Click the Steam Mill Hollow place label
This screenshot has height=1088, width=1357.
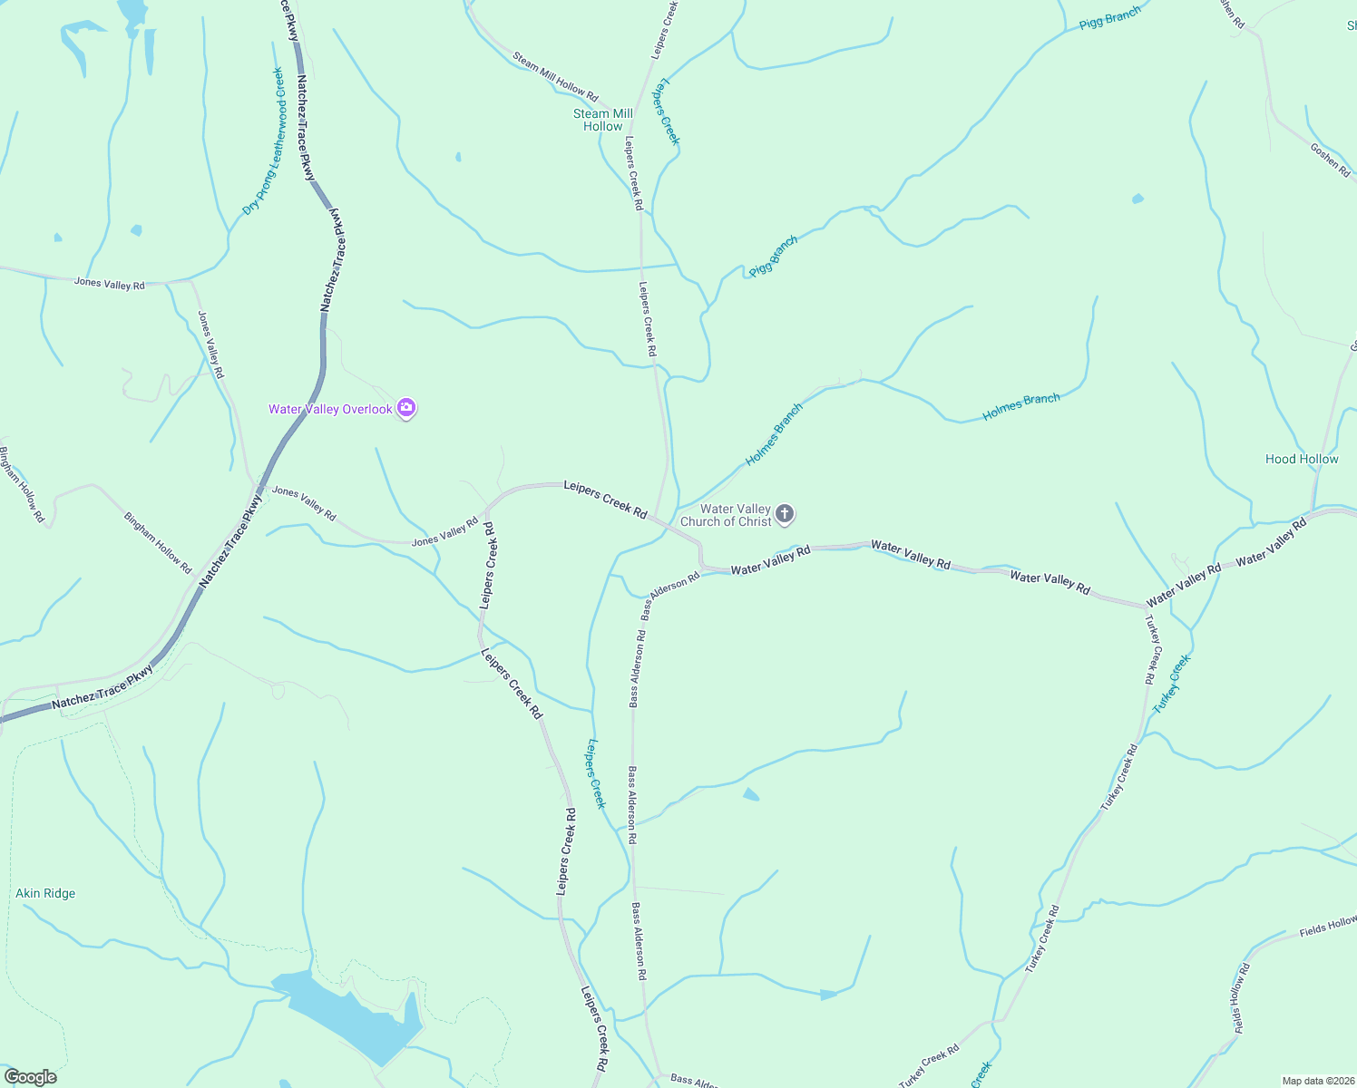point(602,121)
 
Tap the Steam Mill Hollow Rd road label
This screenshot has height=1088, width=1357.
point(555,76)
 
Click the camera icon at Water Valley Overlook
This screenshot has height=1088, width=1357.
point(407,409)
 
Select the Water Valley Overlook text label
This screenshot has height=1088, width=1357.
point(330,409)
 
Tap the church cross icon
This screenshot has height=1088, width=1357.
point(786,515)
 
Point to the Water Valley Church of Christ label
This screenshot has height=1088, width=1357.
point(726,515)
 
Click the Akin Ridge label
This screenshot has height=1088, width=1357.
point(45,893)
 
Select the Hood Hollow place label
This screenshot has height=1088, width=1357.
point(1302,459)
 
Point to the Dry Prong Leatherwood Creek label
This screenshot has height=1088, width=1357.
point(264,141)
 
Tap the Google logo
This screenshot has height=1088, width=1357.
point(30,1077)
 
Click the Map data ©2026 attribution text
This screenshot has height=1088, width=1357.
point(1316,1081)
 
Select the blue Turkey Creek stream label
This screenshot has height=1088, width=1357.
point(1171,684)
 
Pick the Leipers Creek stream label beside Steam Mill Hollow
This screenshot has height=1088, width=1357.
point(669,111)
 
